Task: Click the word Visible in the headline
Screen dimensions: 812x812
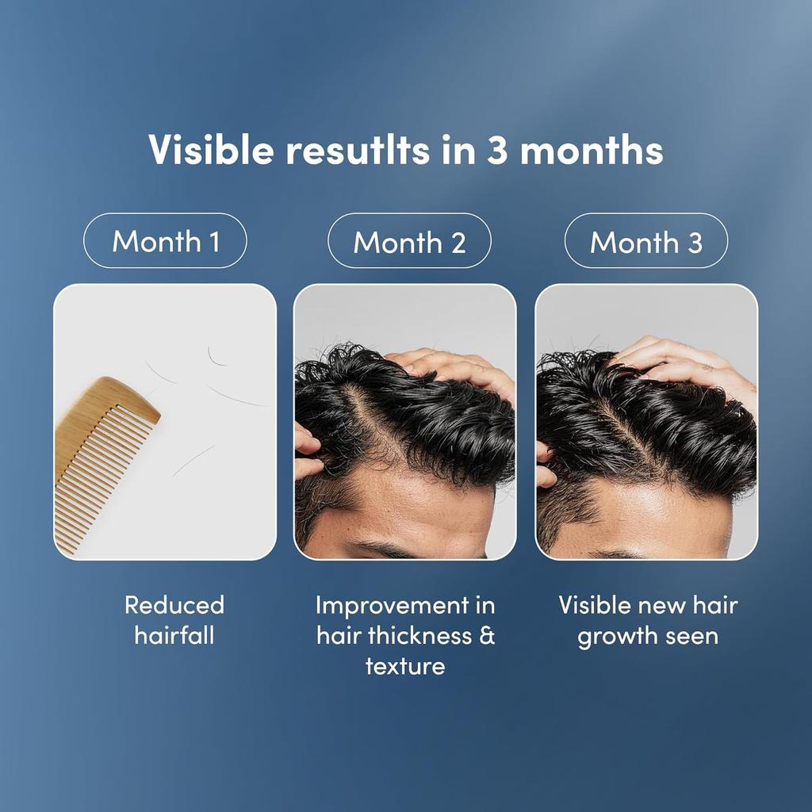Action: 209,151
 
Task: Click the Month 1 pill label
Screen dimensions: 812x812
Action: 166,241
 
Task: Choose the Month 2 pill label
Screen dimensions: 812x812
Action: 409,241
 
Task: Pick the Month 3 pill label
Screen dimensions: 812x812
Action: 645,241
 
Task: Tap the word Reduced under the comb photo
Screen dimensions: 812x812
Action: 174,606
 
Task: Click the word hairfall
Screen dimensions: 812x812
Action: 174,635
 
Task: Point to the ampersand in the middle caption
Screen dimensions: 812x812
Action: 487,635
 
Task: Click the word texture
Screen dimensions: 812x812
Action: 405,665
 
